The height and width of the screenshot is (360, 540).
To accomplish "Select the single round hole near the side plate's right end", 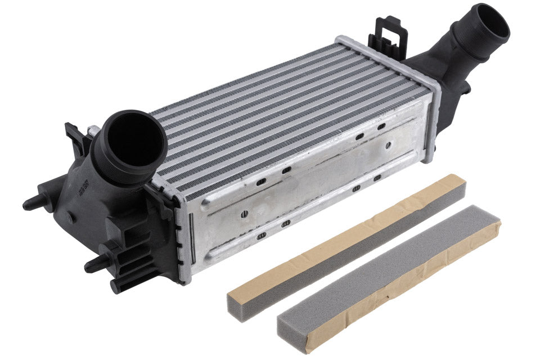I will coord(388,145).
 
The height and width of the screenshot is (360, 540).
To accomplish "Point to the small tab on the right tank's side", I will coord(465,88).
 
